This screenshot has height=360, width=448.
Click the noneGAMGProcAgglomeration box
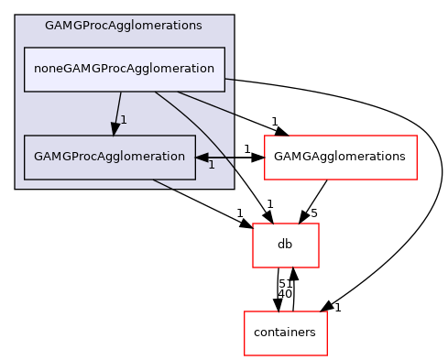click(124, 70)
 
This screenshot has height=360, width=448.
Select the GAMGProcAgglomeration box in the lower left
click(109, 157)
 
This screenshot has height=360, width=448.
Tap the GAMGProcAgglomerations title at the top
click(124, 26)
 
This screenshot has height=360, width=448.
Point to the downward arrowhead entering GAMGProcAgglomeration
click(115, 128)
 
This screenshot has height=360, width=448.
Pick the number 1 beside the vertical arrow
click(124, 120)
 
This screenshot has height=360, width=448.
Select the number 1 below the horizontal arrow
click(211, 165)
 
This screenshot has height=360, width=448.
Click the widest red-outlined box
click(340, 158)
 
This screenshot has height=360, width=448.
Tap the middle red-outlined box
click(285, 245)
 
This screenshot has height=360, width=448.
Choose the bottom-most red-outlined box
click(285, 333)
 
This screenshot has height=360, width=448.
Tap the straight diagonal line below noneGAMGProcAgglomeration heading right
click(206, 103)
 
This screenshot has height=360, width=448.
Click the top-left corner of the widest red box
click(265, 136)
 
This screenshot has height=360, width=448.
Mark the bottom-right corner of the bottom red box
click(327, 355)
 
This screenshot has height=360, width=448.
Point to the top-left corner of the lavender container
click(16, 16)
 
